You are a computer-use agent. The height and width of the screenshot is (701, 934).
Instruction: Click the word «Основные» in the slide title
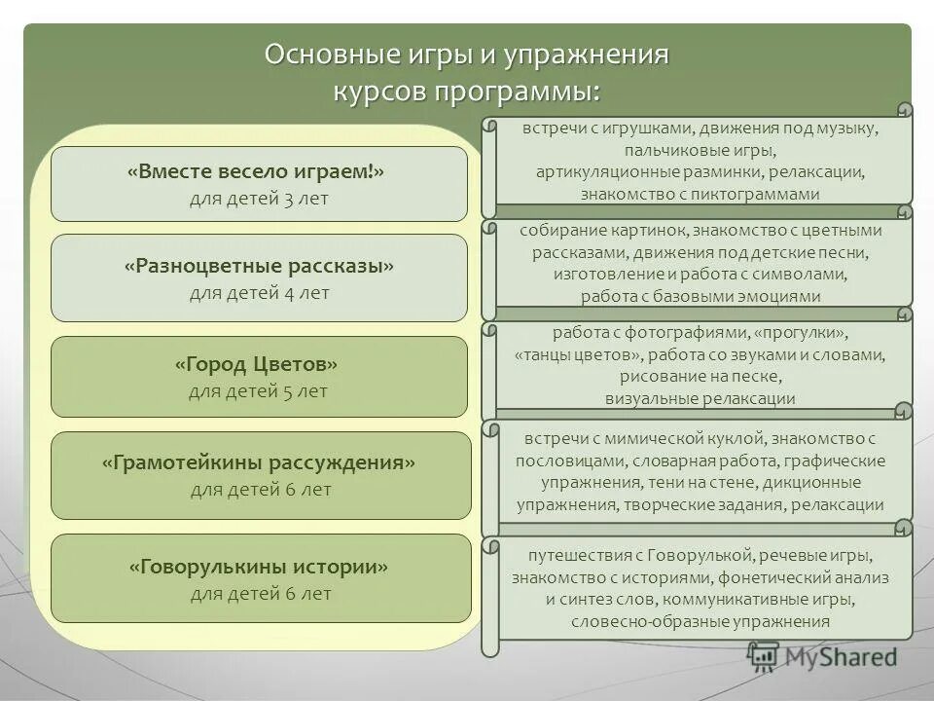click(318, 54)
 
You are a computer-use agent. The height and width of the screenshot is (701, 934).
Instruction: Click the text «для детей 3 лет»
click(259, 199)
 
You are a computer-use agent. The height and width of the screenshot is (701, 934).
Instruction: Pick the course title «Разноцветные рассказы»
click(259, 266)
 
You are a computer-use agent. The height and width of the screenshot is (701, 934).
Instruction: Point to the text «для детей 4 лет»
click(259, 292)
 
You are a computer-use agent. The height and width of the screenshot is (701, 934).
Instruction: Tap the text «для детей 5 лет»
click(258, 391)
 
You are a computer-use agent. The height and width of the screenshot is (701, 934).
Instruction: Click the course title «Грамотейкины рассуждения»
click(259, 462)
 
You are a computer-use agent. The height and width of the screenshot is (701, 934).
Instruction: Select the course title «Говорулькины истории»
click(259, 566)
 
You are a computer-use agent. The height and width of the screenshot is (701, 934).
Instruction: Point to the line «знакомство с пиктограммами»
click(700, 194)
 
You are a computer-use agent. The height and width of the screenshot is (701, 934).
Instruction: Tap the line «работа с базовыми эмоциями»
click(700, 296)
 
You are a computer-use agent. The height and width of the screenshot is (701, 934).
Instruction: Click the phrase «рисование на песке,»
click(700, 376)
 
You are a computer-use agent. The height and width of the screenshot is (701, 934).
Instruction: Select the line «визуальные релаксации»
click(700, 398)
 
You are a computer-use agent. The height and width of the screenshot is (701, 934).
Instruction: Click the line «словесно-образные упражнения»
click(700, 620)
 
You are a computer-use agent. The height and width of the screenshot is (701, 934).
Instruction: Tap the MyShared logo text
click(842, 657)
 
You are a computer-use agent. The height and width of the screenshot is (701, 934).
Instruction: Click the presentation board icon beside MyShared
click(764, 657)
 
